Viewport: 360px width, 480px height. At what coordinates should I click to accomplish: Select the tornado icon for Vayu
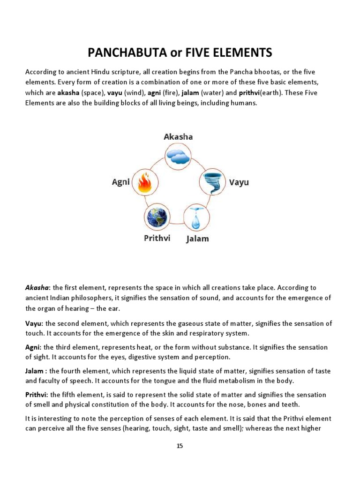pyautogui.click(x=212, y=182)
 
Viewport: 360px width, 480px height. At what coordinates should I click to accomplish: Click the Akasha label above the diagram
pyautogui.click(x=178, y=136)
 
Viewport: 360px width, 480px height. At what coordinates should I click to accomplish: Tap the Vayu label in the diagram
pyautogui.click(x=239, y=182)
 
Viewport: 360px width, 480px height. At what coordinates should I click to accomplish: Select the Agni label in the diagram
pyautogui.click(x=120, y=182)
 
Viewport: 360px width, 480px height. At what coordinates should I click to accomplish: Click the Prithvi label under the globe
pyautogui.click(x=157, y=238)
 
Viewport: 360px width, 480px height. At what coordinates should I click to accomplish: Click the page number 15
pyautogui.click(x=180, y=446)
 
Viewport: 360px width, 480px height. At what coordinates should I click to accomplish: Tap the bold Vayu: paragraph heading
pyautogui.click(x=34, y=323)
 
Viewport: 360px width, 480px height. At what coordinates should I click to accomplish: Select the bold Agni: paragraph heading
pyautogui.click(x=33, y=347)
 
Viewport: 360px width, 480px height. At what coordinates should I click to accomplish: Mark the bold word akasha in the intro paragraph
pyautogui.click(x=68, y=93)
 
